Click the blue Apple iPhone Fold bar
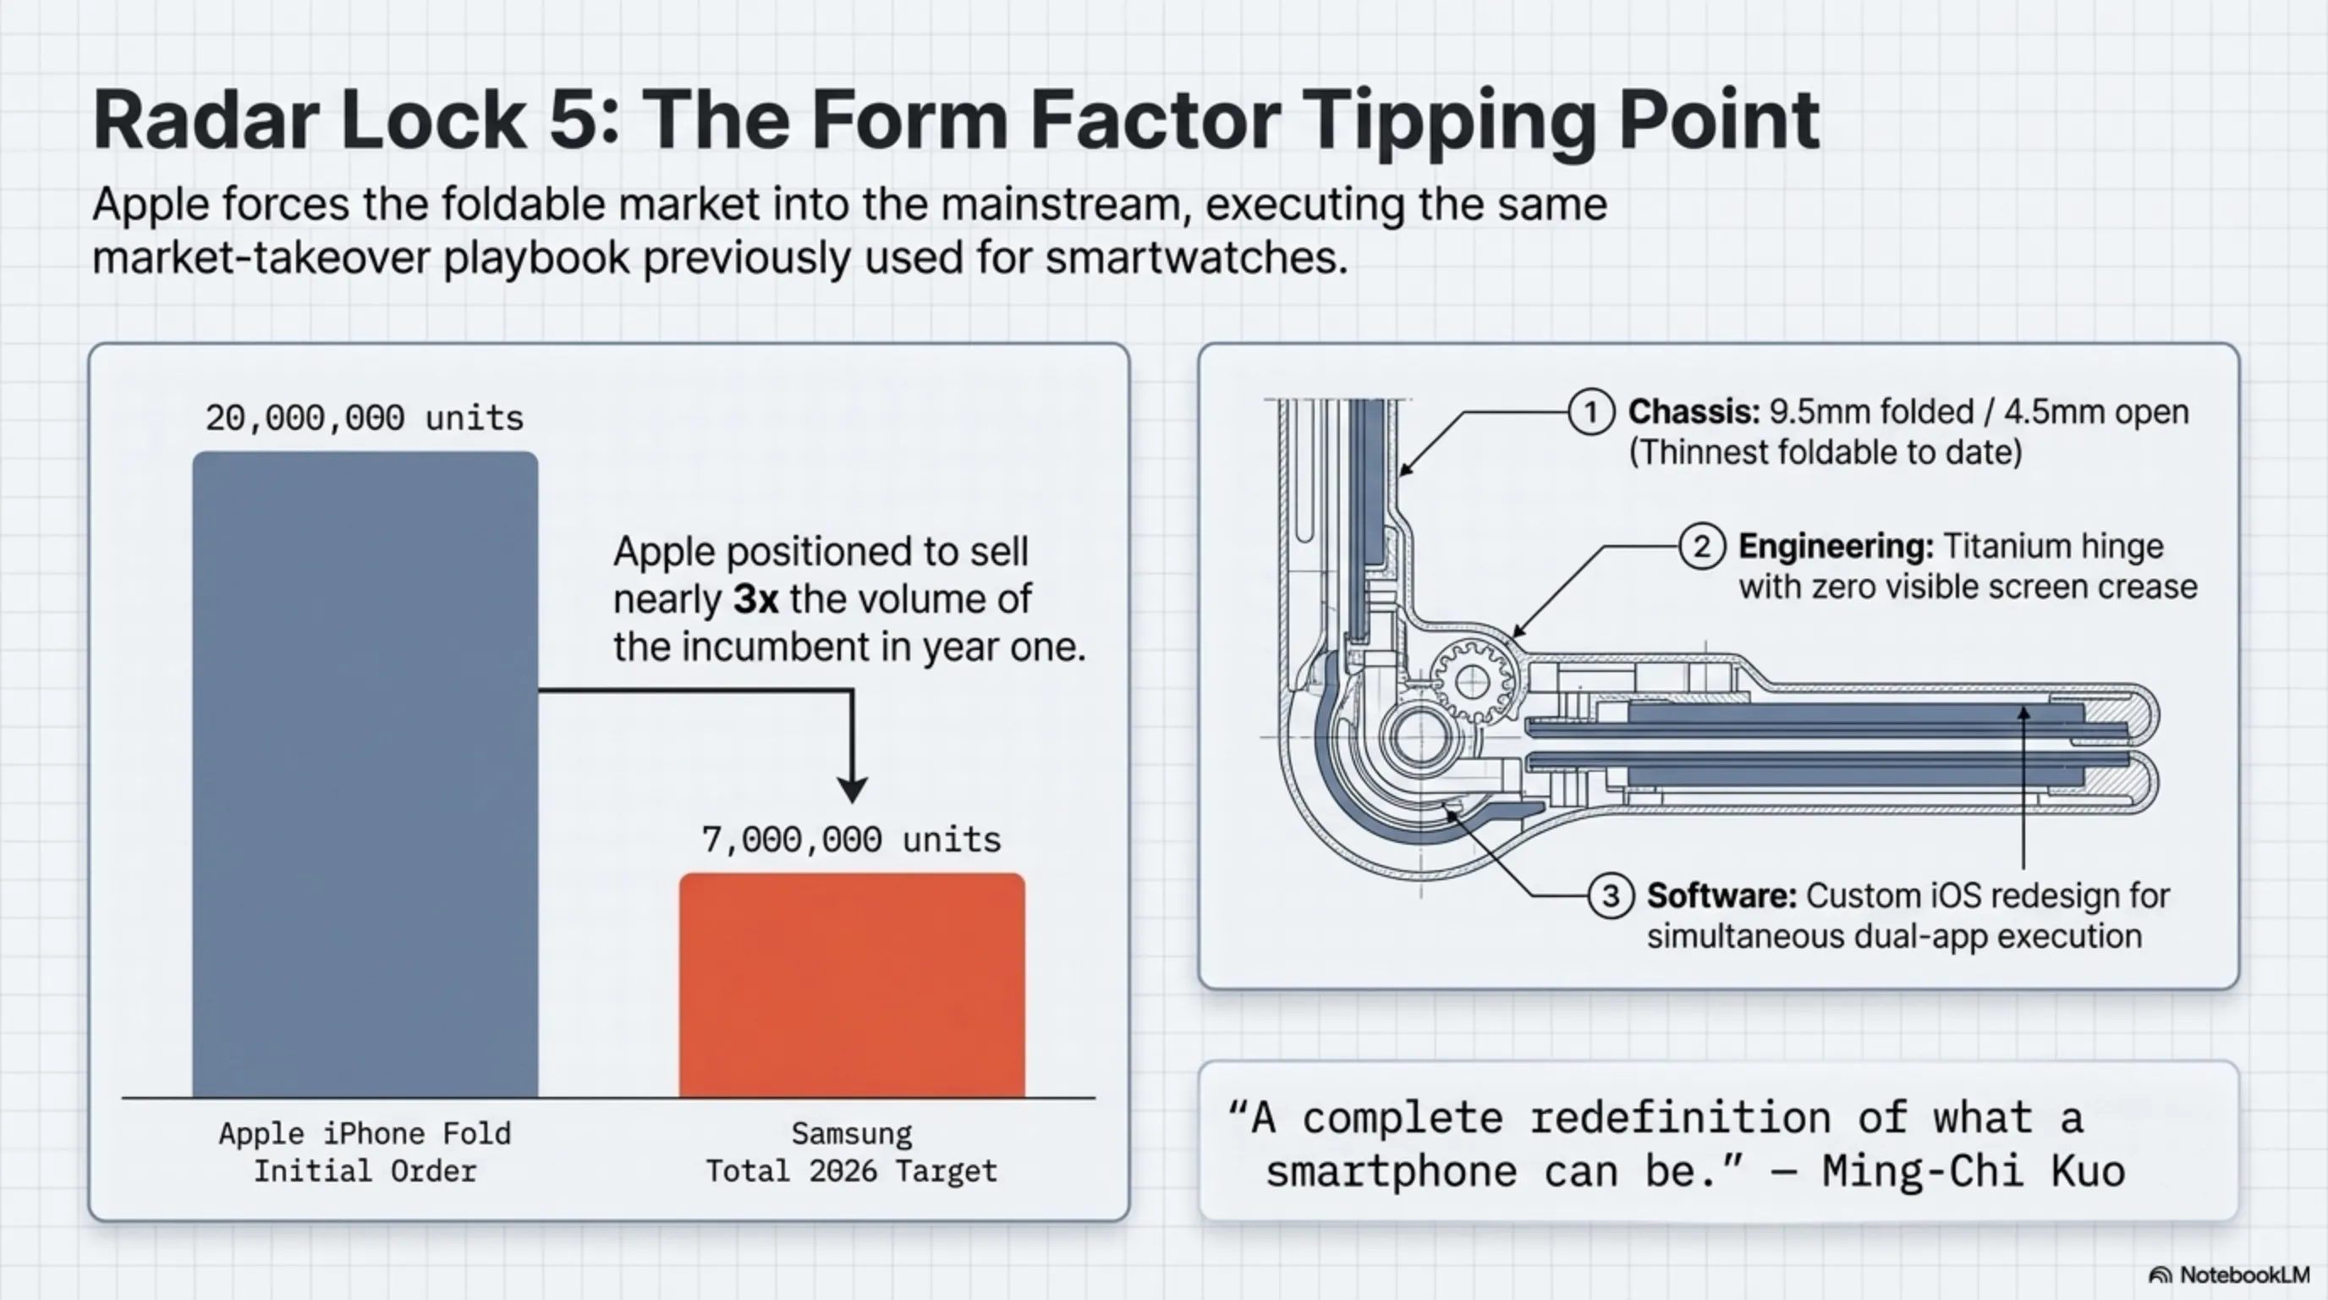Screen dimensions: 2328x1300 (365, 774)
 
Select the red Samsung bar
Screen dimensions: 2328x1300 (852, 985)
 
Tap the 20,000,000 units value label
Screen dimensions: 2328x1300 (365, 417)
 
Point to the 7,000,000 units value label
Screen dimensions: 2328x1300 (851, 840)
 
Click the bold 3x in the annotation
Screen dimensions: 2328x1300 (755, 599)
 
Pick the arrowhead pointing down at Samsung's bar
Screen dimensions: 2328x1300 (852, 789)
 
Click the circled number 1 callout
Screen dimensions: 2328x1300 (1590, 412)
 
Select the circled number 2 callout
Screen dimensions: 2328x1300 (1702, 547)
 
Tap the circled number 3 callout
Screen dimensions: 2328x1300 (1611, 896)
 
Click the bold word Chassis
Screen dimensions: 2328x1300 (1694, 412)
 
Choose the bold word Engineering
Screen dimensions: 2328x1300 (1836, 548)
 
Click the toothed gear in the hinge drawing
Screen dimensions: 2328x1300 (1473, 680)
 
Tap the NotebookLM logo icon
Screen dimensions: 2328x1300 (2160, 1275)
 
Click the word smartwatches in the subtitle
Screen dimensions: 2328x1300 (1196, 258)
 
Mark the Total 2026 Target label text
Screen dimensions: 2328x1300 (851, 1171)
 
